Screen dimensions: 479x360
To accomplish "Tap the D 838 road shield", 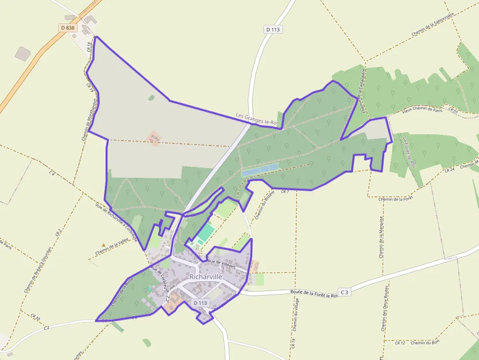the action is (x=68, y=28).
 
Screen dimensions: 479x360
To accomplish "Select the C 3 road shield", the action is (x=345, y=292).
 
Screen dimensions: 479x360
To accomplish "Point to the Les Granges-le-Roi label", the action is (x=257, y=119).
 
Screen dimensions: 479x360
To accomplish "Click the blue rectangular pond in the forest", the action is (x=260, y=169).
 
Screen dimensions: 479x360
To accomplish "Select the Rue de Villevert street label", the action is (x=222, y=264).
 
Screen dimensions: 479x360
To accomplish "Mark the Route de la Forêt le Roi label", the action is (x=314, y=293).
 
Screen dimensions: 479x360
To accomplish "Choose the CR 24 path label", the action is (x=450, y=170).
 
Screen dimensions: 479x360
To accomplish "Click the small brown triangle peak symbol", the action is (x=103, y=245).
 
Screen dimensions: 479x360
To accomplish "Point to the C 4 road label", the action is (x=52, y=172).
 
